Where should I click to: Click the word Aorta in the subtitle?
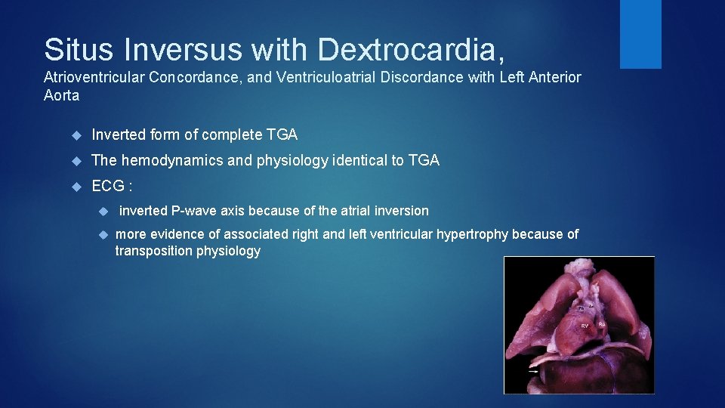61,96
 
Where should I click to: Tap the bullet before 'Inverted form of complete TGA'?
75,135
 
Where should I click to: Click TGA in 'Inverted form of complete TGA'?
282,135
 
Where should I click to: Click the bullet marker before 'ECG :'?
75,186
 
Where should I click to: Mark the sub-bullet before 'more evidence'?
104,234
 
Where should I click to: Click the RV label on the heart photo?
585,326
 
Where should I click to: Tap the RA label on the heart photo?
602,323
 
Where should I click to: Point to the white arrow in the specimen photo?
533,371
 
